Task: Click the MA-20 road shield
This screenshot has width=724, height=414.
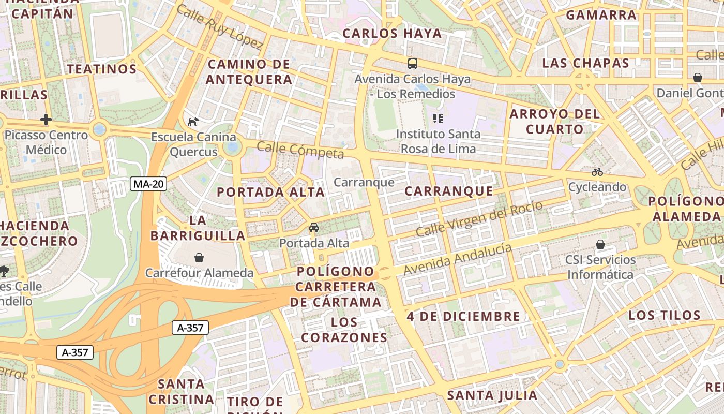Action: [x=148, y=183]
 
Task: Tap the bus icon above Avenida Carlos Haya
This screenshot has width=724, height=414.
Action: [x=412, y=64]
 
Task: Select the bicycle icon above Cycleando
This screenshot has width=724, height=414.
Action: [x=597, y=172]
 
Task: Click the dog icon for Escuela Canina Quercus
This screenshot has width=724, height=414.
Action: [x=193, y=122]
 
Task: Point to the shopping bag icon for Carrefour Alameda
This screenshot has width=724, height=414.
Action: [x=199, y=257]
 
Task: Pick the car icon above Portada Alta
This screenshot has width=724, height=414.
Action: [x=314, y=227]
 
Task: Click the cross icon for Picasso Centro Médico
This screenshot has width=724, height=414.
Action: [x=46, y=120]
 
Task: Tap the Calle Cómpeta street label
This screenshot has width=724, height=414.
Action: [x=300, y=151]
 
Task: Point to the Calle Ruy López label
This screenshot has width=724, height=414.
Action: [x=220, y=27]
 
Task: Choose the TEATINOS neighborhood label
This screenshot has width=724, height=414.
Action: [x=102, y=69]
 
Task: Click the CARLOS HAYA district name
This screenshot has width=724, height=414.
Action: [x=393, y=34]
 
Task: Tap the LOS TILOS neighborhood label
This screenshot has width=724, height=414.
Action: [x=665, y=315]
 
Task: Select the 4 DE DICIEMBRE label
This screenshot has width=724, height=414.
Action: [x=463, y=316]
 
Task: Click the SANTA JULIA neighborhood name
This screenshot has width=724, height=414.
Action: [x=492, y=395]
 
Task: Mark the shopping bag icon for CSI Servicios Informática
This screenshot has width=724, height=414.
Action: [x=600, y=244]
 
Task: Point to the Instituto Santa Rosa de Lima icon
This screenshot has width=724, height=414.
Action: [x=438, y=119]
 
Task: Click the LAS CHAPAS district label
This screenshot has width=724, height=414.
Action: [x=585, y=63]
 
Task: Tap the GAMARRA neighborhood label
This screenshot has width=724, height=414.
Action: [x=601, y=15]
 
